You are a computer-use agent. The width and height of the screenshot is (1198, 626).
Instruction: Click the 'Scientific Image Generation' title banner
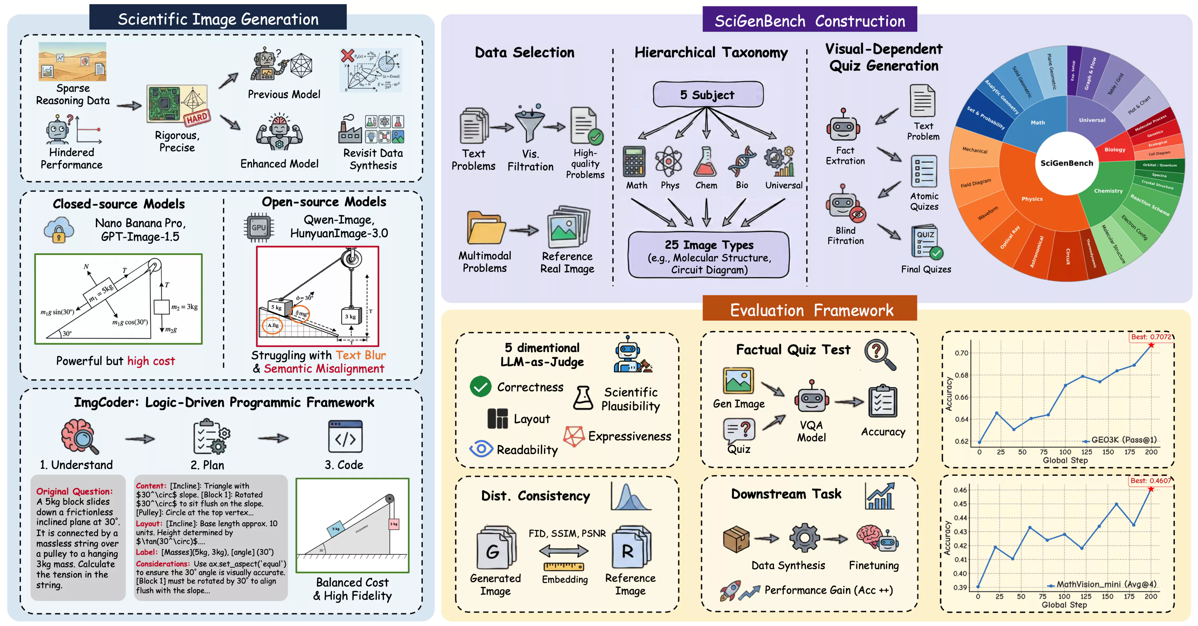click(x=218, y=19)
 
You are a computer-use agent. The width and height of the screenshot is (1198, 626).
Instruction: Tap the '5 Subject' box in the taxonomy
click(x=708, y=95)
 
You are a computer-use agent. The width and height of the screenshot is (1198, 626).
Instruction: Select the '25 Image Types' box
click(x=709, y=255)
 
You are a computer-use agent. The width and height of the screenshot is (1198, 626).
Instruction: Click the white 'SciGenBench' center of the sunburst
click(x=1066, y=163)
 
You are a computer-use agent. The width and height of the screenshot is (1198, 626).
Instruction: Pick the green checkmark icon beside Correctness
click(x=480, y=387)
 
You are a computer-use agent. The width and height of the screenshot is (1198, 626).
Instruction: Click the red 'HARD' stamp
click(x=197, y=118)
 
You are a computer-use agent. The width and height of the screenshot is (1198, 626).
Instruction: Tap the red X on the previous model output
click(x=347, y=56)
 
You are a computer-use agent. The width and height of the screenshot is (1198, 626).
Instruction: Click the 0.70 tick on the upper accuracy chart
click(x=961, y=353)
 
